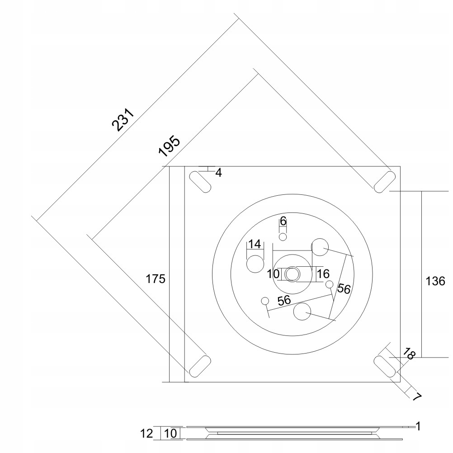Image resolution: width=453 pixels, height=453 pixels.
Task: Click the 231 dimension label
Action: (123, 119)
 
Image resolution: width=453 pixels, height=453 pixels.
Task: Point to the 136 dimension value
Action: (436, 281)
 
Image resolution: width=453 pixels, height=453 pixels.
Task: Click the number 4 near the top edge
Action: (218, 173)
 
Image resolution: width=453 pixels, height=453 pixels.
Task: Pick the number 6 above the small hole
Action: (283, 221)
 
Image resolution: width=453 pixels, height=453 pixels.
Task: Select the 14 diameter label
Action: (255, 244)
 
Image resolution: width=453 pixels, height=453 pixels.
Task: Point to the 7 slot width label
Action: (416, 396)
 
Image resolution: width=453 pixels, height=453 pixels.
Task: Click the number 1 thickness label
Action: (418, 425)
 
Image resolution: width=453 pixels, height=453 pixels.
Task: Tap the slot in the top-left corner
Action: (199, 182)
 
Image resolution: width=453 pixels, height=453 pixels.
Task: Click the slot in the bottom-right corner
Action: (385, 366)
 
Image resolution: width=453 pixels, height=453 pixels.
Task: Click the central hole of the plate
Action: (292, 274)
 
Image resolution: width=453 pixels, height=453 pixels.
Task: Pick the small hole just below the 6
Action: (283, 237)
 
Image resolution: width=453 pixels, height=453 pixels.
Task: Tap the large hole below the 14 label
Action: (255, 263)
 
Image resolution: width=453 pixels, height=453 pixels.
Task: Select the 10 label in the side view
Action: (171, 433)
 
